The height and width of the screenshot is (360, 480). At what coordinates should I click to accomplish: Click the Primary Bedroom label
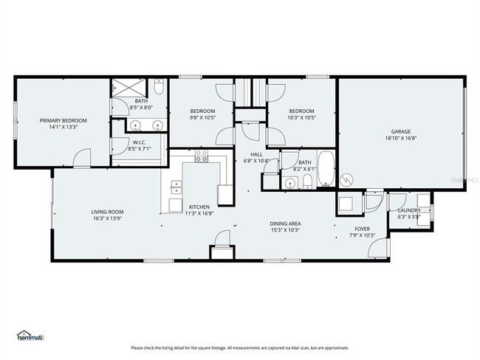tap(64, 120)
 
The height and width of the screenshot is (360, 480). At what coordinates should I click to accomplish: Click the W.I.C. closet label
tap(140, 142)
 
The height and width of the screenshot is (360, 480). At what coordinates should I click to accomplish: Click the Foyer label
tap(363, 229)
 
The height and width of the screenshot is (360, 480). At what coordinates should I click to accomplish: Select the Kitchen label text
tap(199, 207)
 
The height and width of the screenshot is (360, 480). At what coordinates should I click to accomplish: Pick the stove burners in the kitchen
tap(202, 156)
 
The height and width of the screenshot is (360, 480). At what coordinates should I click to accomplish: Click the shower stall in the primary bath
tap(125, 87)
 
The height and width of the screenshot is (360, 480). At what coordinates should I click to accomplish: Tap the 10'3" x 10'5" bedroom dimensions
tap(301, 117)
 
